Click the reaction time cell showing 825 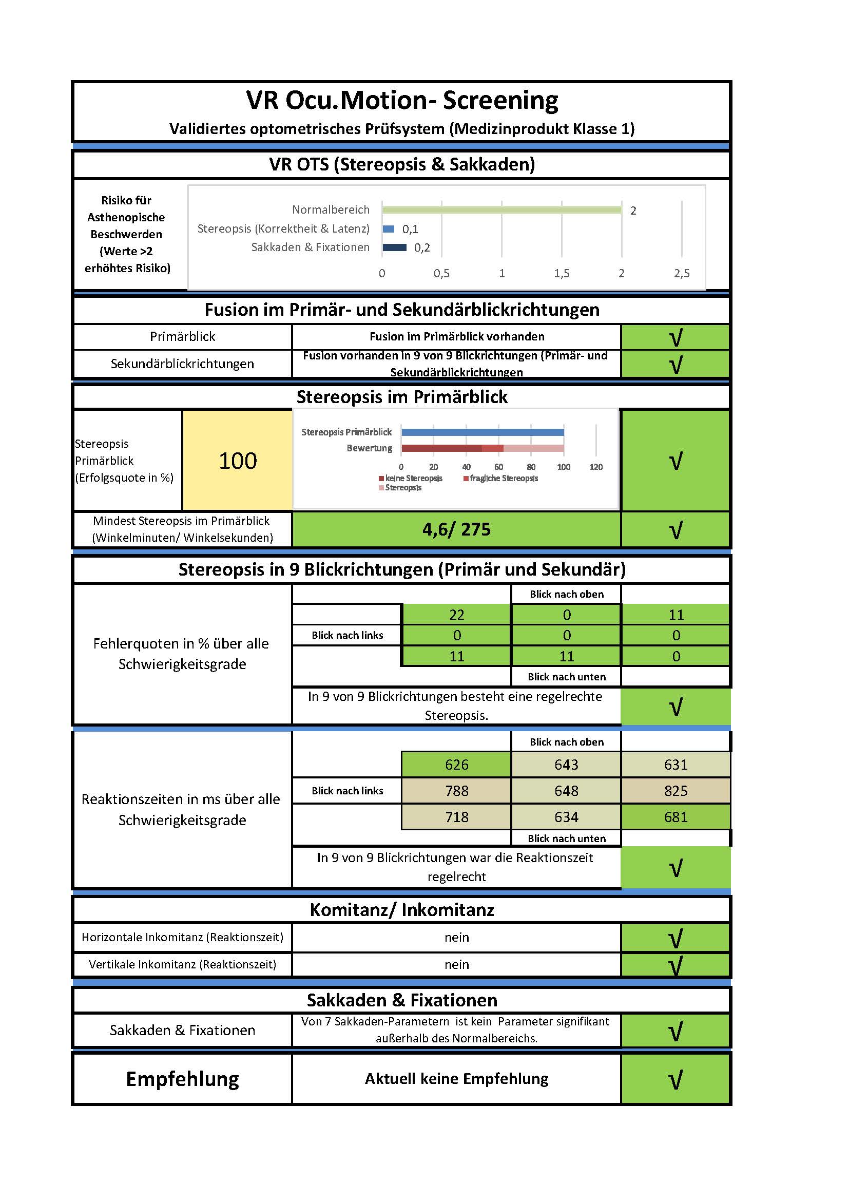pos(676,790)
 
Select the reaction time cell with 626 pos(456,764)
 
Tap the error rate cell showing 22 pos(456,615)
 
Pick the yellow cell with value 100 pos(237,461)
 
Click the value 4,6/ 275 pos(456,529)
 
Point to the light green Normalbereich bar pos(502,210)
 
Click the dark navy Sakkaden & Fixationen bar pos(395,247)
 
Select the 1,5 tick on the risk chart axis pos(562,273)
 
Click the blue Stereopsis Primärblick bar pos(483,432)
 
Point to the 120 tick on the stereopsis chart pos(596,467)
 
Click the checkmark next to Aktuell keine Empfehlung pos(676,1079)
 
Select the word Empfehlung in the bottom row pos(182,1079)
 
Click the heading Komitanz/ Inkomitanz pos(401,910)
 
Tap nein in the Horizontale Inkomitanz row pos(456,938)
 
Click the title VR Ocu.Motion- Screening pos(401,100)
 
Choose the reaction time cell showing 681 pos(676,816)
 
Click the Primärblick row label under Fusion pos(182,336)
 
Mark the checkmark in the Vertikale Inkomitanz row pos(676,965)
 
